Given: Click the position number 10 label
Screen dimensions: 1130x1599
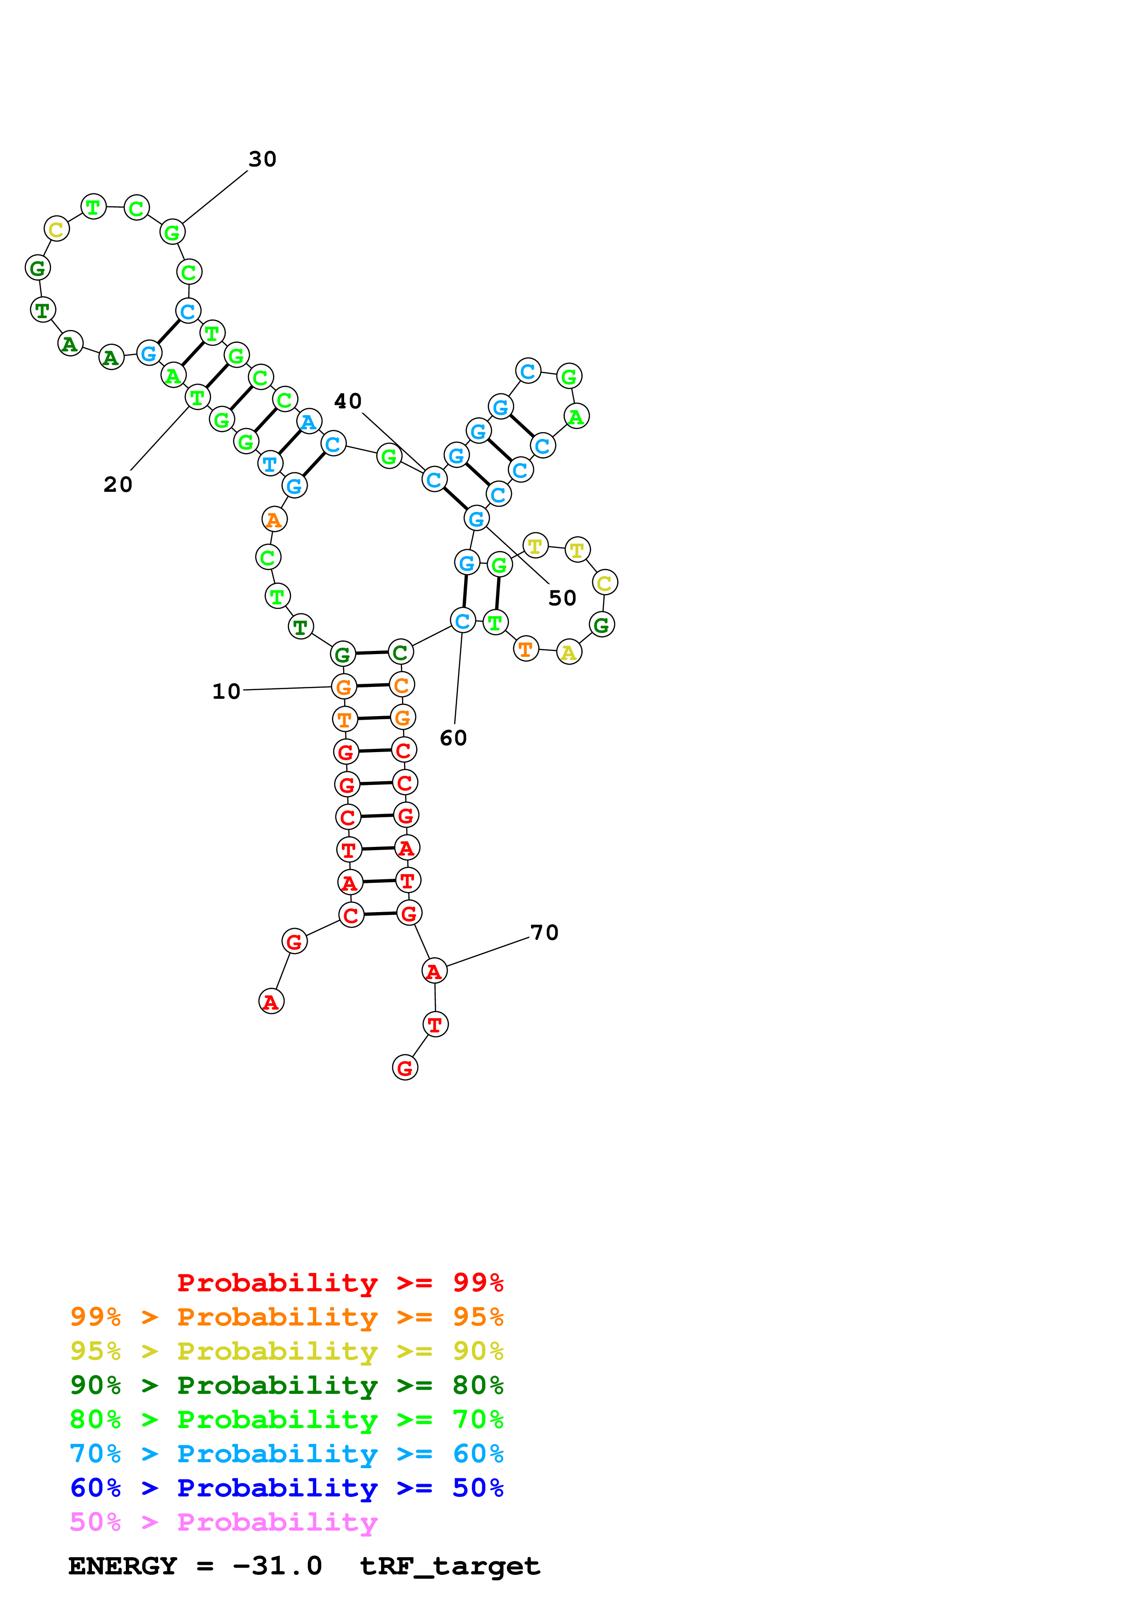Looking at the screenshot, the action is click(x=226, y=691).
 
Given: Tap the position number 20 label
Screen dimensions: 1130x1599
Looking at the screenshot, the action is click(x=118, y=485).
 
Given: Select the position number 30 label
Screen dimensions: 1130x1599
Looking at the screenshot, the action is click(x=263, y=160).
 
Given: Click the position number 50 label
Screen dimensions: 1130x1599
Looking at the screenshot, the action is click(x=562, y=598).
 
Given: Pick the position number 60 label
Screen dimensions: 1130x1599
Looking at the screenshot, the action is click(x=453, y=738).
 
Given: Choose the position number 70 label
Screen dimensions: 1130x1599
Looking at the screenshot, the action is click(x=544, y=933).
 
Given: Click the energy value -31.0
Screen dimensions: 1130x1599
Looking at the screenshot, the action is click(x=277, y=1566).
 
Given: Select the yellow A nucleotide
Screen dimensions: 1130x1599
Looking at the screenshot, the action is click(x=569, y=652).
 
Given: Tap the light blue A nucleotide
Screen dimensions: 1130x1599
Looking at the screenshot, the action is click(x=309, y=421).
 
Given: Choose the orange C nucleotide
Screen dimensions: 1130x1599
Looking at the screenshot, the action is click(x=402, y=685).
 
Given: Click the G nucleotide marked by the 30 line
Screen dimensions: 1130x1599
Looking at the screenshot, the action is click(x=172, y=232).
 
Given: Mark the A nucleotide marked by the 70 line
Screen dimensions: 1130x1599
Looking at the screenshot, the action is click(x=434, y=971).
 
